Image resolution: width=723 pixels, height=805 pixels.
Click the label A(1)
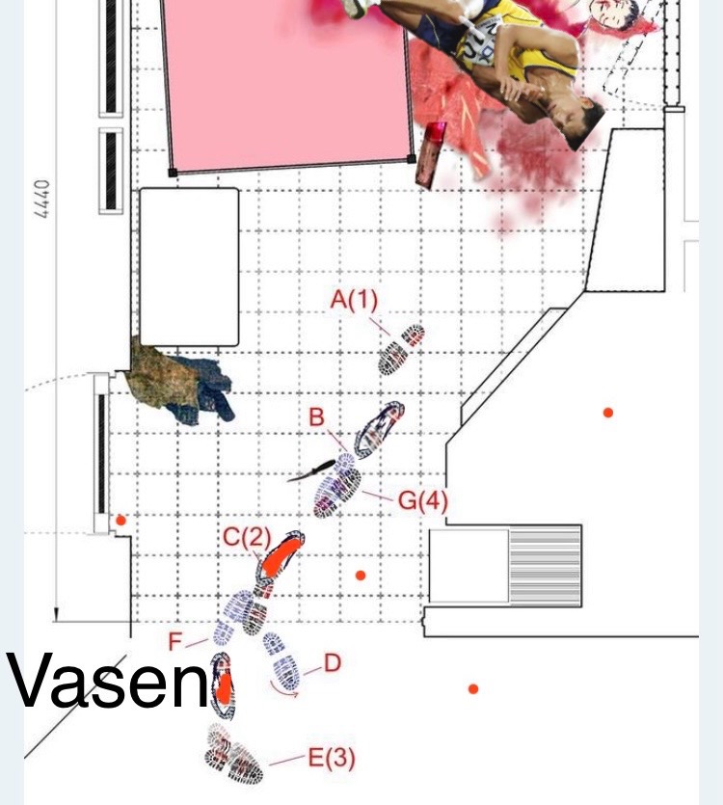click(x=354, y=300)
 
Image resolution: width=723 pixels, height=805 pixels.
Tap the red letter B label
click(x=317, y=417)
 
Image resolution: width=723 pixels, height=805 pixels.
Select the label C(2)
click(x=247, y=537)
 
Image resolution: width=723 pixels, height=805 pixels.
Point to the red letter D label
click(x=333, y=662)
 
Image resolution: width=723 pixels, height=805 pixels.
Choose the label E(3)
click(x=332, y=758)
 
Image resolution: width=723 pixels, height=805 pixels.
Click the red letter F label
click(x=175, y=642)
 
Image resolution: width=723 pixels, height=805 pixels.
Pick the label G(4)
click(x=422, y=500)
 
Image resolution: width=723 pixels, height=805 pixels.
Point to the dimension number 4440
click(x=42, y=199)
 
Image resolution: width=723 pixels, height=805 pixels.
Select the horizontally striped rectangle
click(x=545, y=566)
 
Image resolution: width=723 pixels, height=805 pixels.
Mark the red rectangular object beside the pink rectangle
click(x=430, y=154)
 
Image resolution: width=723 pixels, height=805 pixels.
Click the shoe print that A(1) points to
click(x=402, y=349)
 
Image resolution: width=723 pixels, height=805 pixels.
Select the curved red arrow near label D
click(x=284, y=690)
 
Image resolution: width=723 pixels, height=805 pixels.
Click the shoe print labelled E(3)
click(x=233, y=754)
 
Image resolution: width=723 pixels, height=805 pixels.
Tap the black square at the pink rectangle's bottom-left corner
click(x=174, y=173)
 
